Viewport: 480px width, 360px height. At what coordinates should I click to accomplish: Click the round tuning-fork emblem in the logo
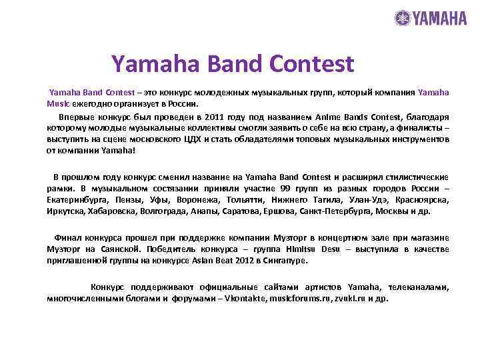coord(403,18)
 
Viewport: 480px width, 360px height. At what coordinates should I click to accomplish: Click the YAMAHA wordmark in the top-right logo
coord(440,18)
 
